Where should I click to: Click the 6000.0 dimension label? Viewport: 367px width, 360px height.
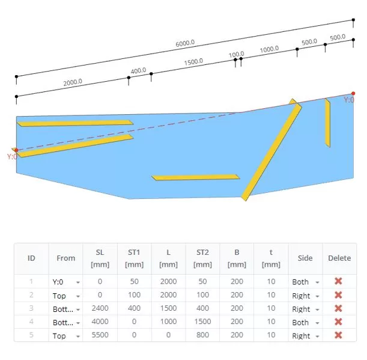(185, 43)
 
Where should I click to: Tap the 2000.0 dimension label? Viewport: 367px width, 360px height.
(73, 82)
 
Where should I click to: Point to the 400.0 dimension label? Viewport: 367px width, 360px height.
(138, 70)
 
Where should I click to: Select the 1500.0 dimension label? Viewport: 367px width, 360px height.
(193, 62)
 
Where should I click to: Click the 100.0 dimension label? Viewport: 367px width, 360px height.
(236, 55)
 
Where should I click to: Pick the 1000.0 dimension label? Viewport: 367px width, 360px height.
(269, 49)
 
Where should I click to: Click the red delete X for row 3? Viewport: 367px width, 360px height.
(338, 308)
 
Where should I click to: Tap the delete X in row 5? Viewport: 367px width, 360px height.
(338, 335)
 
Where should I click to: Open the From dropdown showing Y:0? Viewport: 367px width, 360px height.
(65, 282)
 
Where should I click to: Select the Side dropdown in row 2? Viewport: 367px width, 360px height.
(306, 296)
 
